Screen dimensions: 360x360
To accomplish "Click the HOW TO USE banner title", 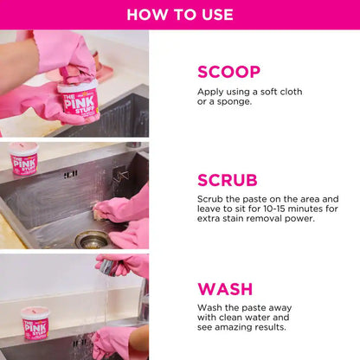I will coord(180,14).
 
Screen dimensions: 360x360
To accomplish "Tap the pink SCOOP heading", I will coord(228,72).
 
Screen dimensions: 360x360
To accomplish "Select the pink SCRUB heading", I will coord(228,180).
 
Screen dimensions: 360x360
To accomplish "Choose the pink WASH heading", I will coord(225,289).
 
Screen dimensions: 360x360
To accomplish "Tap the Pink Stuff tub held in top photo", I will coord(78,101).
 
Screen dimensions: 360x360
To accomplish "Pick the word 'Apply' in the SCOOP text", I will coord(211,92).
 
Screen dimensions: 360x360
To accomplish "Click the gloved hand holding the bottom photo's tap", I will coord(121,264).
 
